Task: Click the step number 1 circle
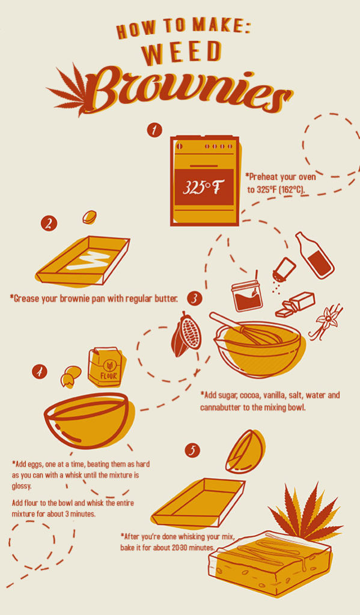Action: [154, 130]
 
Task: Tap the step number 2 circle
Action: [49, 224]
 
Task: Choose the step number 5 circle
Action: [192, 450]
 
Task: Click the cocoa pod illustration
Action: [186, 334]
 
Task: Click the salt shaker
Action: [284, 270]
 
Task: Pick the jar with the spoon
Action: [247, 296]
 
